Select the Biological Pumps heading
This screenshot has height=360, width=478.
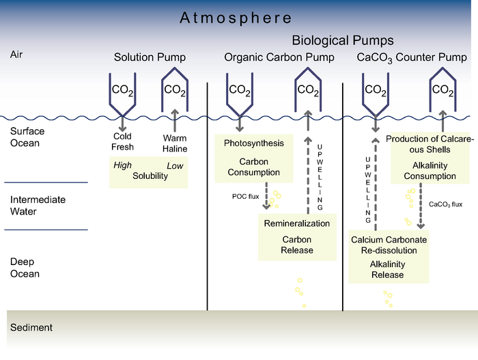coord(343,41)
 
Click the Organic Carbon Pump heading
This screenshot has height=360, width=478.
coord(279,58)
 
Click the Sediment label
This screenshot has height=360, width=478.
coord(31,327)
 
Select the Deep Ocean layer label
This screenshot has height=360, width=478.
coord(25,268)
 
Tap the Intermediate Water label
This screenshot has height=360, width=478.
coord(38,206)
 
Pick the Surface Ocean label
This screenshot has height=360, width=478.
coord(25,137)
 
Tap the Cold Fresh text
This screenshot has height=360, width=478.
coord(123,141)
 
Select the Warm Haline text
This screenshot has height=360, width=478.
coord(175,143)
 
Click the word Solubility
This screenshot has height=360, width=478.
coord(150,176)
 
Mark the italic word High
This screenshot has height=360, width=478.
coord(123,165)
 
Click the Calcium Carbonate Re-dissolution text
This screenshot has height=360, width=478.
coord(389,245)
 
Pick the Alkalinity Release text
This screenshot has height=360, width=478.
coord(387,269)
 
